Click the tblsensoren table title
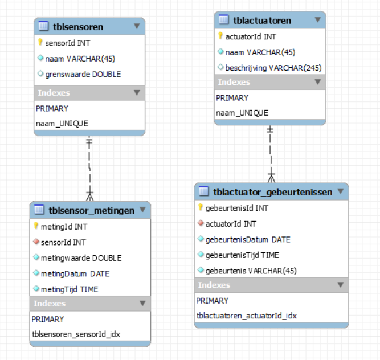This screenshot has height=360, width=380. [x=78, y=27]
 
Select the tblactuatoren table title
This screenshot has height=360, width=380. [x=262, y=21]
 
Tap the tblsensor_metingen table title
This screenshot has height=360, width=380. [x=92, y=211]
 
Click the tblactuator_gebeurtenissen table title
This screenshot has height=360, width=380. [x=272, y=192]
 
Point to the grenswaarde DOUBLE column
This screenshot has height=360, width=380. [x=83, y=74]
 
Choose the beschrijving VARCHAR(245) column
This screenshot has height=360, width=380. [x=273, y=68]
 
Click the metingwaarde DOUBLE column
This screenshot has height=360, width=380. [x=81, y=258]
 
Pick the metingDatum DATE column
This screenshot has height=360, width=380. [x=75, y=273]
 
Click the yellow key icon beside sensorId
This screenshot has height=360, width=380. [x=40, y=42]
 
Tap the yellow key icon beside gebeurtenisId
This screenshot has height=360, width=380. [x=201, y=208]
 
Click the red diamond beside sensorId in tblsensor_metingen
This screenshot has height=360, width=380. [x=36, y=242]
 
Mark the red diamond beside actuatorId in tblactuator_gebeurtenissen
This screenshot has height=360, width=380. [x=201, y=224]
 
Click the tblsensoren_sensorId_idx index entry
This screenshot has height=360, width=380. [x=76, y=334]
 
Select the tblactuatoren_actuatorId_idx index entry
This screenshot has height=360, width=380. [x=246, y=316]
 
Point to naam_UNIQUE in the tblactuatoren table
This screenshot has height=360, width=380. [x=242, y=113]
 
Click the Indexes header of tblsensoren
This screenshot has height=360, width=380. [x=54, y=92]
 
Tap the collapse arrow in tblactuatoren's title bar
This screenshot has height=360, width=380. [x=317, y=20]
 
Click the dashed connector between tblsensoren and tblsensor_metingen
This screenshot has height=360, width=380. [x=89, y=165]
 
